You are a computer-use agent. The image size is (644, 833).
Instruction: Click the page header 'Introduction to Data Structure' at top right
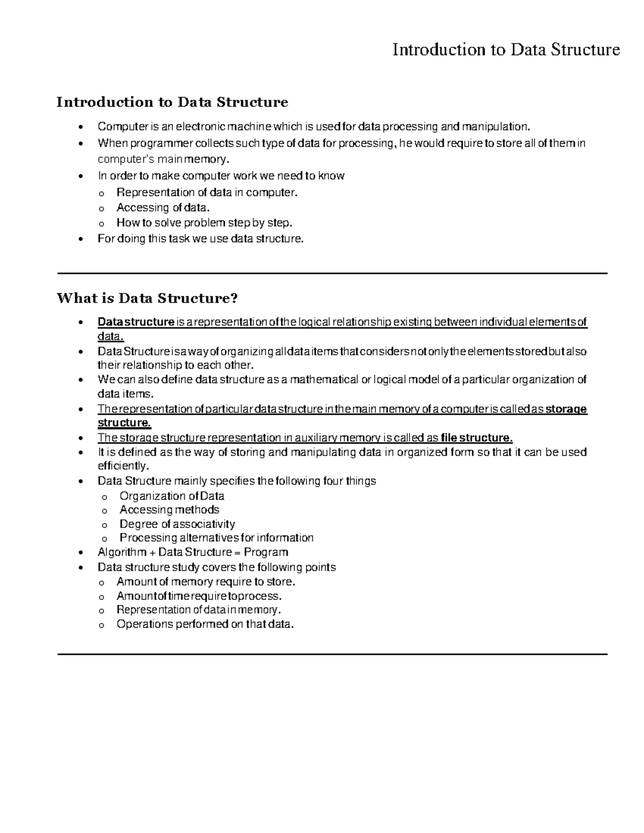click(x=506, y=50)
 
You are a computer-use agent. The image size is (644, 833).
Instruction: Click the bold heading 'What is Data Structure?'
click(x=147, y=298)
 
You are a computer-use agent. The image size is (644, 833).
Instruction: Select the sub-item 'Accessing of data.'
click(x=163, y=208)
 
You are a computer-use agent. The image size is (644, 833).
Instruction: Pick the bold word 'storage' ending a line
click(x=566, y=409)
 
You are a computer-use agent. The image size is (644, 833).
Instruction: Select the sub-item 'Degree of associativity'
click(x=177, y=524)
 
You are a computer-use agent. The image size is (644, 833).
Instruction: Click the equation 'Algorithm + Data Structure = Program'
click(x=193, y=552)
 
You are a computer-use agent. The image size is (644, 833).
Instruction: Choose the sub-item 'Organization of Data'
click(x=172, y=496)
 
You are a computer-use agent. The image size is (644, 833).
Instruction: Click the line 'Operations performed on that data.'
click(x=206, y=624)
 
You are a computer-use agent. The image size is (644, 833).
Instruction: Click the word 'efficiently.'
click(x=123, y=466)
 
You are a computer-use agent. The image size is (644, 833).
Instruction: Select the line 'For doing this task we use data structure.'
click(x=200, y=239)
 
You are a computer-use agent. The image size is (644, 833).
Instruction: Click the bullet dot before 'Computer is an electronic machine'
click(x=80, y=128)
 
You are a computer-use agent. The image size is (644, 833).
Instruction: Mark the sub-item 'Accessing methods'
click(x=169, y=510)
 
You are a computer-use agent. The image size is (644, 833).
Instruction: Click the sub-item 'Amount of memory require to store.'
click(x=206, y=582)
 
